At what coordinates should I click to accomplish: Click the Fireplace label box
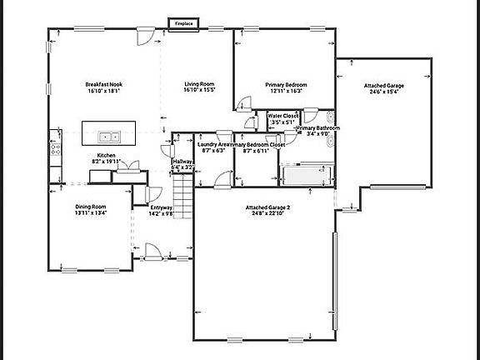click(184, 23)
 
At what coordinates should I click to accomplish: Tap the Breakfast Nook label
click(104, 85)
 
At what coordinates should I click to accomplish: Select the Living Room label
click(200, 85)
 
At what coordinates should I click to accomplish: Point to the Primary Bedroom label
click(287, 85)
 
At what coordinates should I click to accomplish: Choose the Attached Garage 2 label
click(267, 207)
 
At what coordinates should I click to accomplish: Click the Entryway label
click(161, 207)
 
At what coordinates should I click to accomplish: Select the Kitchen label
click(106, 155)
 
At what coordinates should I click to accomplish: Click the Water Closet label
click(283, 116)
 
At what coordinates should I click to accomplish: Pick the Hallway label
click(182, 161)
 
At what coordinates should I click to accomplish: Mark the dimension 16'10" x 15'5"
click(200, 92)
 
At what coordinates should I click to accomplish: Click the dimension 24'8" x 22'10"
click(267, 214)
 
